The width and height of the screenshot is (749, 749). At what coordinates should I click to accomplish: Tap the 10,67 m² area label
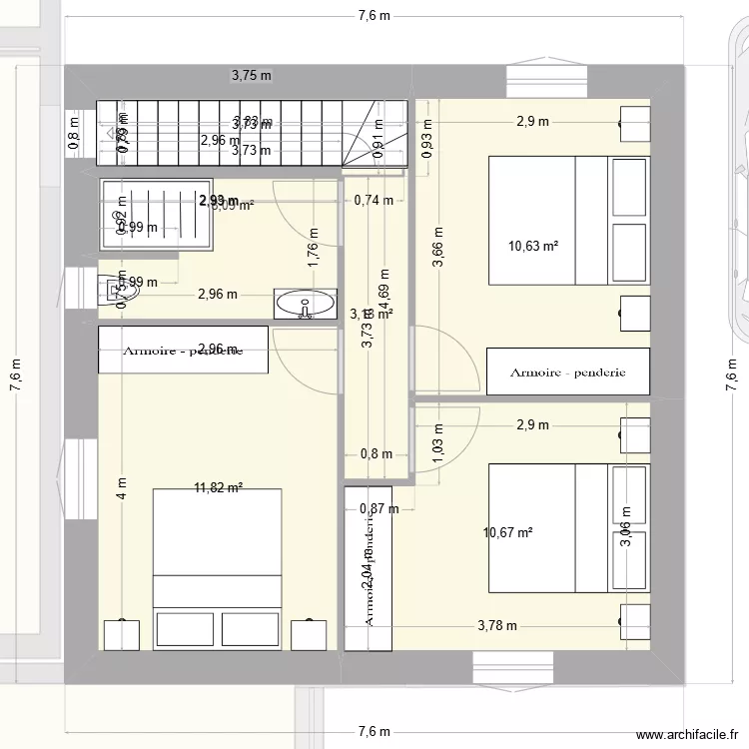tap(507, 532)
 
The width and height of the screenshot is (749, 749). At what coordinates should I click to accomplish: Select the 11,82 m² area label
tap(219, 488)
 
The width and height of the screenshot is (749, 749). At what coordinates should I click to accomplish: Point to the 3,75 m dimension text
tap(252, 74)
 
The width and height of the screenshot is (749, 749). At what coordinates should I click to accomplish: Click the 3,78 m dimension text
tap(496, 626)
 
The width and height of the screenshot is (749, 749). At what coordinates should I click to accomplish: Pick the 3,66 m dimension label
tap(437, 248)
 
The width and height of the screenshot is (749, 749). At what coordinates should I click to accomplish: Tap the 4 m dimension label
tap(121, 488)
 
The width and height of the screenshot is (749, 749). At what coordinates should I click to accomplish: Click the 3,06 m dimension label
tap(625, 540)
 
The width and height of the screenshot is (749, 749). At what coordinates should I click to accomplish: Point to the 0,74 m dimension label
tap(374, 200)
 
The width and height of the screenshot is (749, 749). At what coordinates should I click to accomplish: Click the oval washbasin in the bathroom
tap(307, 305)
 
